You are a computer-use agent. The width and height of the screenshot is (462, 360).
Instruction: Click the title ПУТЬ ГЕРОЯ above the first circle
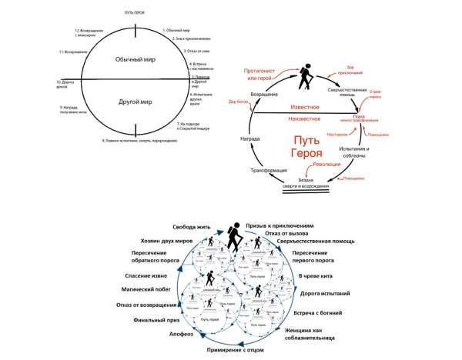coord(136,14)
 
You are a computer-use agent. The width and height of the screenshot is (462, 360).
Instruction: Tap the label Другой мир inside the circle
coord(135,101)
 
